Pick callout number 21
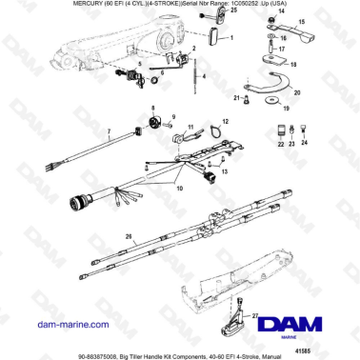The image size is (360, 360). coord(237,98)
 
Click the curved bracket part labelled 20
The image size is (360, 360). coord(271,88)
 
